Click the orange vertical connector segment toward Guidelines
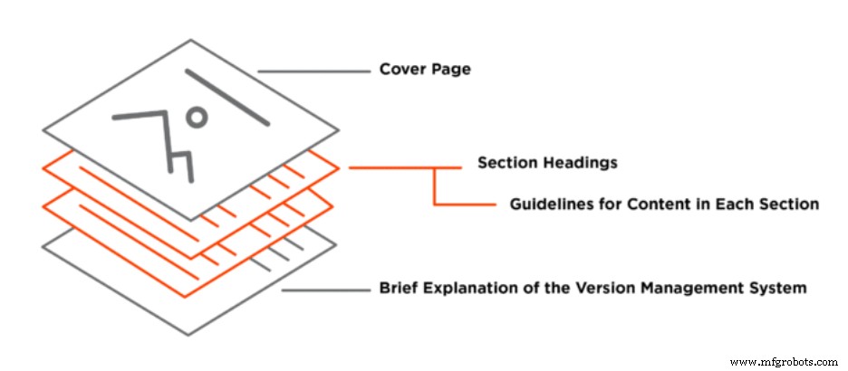[x=436, y=185]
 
